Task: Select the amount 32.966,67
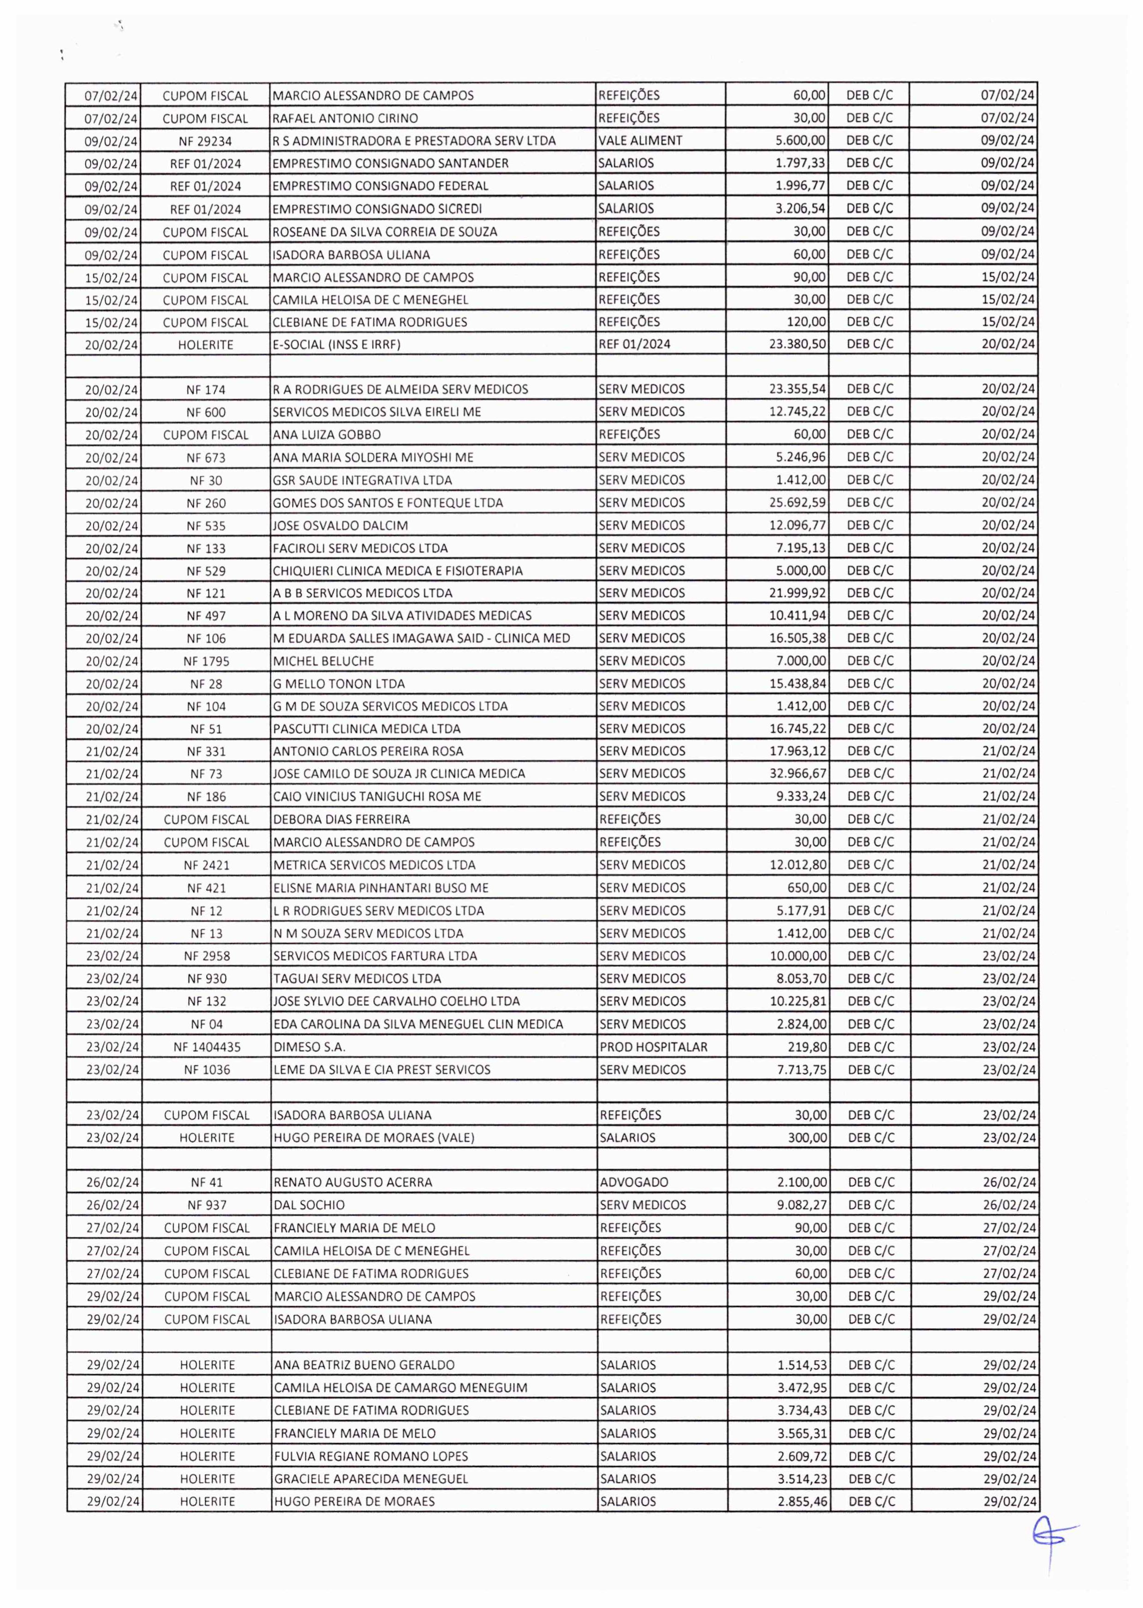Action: [x=798, y=773]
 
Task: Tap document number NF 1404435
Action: [x=207, y=1047]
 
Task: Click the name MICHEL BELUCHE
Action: [x=323, y=661]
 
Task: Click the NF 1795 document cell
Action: [x=206, y=661]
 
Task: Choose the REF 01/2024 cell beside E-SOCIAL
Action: [x=634, y=344]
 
